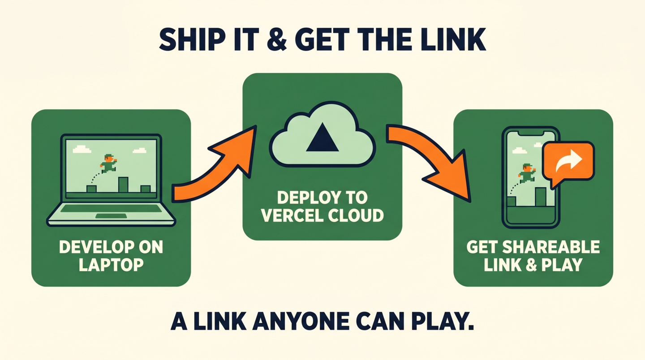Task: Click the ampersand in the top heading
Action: point(277,39)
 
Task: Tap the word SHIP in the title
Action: point(192,39)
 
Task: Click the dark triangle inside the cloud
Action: point(322,137)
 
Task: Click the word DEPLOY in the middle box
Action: point(306,197)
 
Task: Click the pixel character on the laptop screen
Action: point(108,163)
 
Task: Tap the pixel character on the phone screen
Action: point(527,173)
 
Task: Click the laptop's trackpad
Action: point(111,216)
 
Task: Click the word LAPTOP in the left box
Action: point(111,265)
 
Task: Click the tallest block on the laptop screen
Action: point(123,184)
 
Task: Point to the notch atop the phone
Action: point(531,133)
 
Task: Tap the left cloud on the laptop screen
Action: point(82,150)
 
